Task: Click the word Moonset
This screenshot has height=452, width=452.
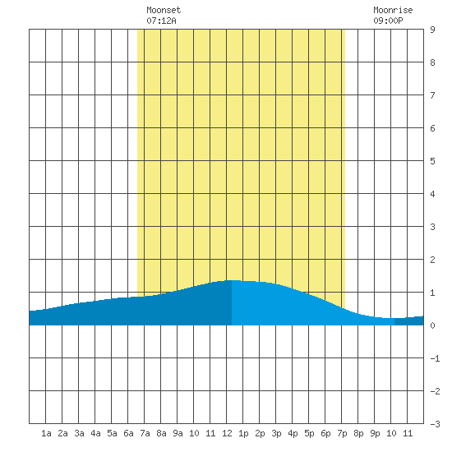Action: click(164, 10)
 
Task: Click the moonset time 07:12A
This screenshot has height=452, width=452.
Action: click(161, 21)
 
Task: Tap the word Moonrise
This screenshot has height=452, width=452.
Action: click(393, 10)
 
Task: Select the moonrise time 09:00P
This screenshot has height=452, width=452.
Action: click(388, 21)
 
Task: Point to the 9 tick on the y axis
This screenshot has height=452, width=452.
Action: click(432, 30)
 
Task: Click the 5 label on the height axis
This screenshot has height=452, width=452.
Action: click(432, 161)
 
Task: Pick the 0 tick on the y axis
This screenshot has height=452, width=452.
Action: click(432, 325)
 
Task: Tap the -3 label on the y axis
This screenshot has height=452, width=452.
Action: click(435, 424)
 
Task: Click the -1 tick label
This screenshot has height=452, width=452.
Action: click(435, 358)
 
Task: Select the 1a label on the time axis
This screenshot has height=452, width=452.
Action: click(46, 433)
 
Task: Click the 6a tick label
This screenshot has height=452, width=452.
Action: click(128, 433)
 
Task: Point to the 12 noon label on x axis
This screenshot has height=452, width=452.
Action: click(227, 433)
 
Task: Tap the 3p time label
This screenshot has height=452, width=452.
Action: click(276, 433)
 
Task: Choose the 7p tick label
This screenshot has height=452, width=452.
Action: click(342, 433)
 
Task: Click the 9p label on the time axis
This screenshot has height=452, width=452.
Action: click(375, 433)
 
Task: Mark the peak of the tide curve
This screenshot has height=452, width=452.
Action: click(233, 280)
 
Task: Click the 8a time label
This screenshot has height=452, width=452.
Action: click(161, 433)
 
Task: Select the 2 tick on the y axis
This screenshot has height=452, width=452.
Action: click(432, 260)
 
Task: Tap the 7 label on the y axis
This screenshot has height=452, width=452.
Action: click(432, 95)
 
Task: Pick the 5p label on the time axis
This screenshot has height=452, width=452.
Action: click(309, 433)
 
